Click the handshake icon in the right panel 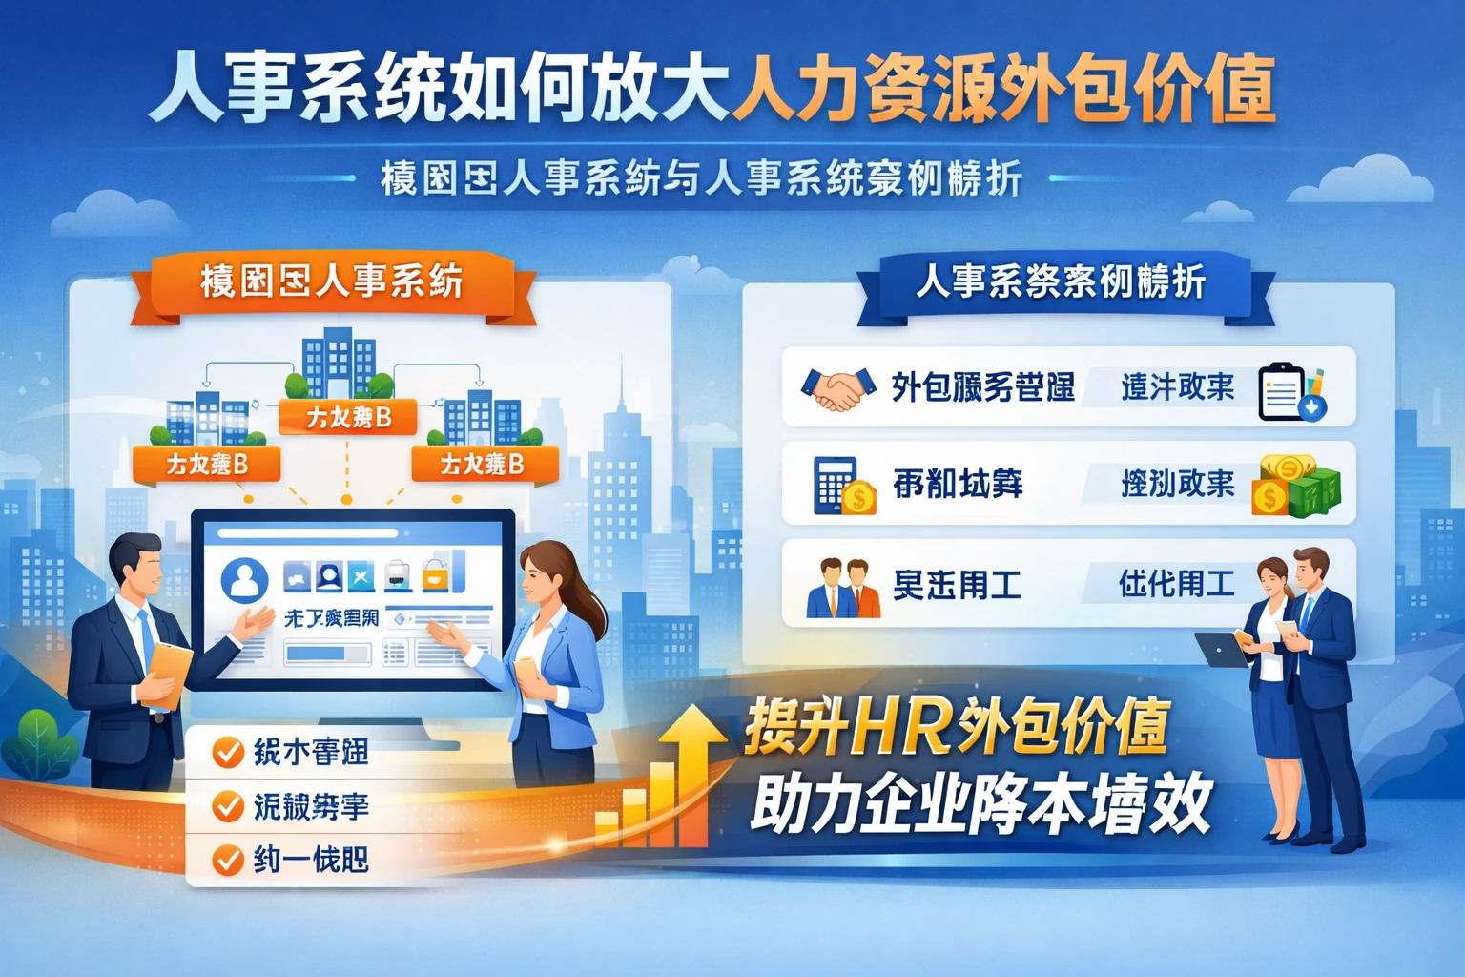[838, 387]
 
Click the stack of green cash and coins [1299, 486]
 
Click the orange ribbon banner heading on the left [331, 283]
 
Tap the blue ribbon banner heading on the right [1061, 283]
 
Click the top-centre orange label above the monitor [348, 417]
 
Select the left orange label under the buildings [207, 465]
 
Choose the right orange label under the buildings [482, 465]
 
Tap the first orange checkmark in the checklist [227, 753]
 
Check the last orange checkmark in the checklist [227, 861]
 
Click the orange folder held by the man [169, 672]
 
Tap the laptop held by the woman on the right [1221, 649]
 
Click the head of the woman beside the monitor [551, 575]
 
